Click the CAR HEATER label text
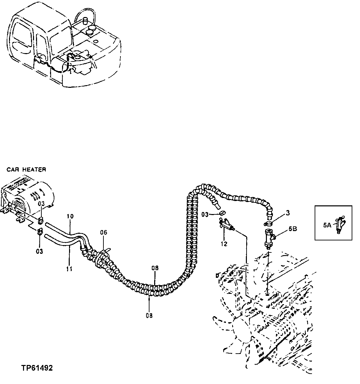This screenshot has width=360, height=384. (26, 170)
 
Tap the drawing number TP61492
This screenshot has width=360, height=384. (37, 368)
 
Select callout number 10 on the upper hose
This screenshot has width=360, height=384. (70, 217)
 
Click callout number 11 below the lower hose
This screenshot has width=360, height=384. (69, 268)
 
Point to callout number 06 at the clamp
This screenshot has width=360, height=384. (104, 232)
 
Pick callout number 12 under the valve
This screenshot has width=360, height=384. (224, 244)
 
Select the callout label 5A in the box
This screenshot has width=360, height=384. (327, 226)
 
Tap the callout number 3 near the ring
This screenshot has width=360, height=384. (288, 213)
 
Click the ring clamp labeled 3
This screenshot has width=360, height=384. (269, 223)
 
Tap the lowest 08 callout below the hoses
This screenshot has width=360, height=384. (149, 315)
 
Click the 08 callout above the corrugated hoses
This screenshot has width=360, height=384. (155, 268)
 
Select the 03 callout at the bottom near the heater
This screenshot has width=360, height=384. (39, 251)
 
